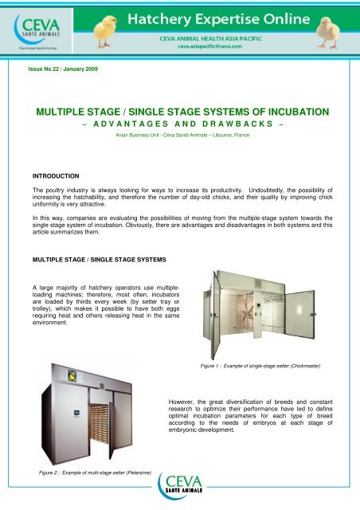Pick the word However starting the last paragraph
tap(186, 394)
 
